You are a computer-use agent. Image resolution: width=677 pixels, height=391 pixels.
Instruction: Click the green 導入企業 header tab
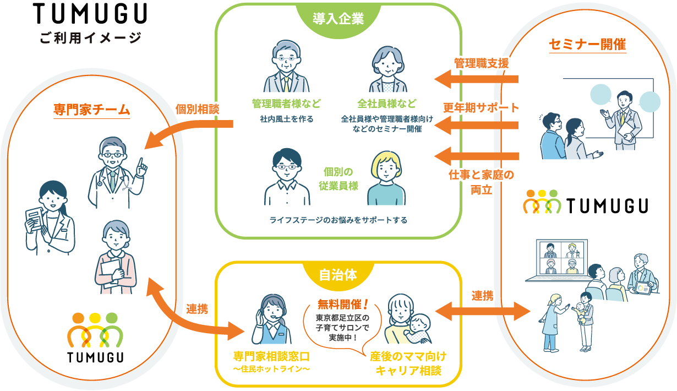(x=338, y=18)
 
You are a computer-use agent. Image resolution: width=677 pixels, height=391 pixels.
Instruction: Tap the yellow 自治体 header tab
(x=338, y=275)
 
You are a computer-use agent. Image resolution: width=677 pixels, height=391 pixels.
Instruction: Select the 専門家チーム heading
(x=91, y=108)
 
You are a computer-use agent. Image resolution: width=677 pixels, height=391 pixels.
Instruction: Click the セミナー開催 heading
(x=588, y=45)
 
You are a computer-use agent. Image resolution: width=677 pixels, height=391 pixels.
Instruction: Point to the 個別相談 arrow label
(x=197, y=109)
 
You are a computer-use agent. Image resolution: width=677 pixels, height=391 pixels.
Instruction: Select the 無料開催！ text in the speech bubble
(x=342, y=303)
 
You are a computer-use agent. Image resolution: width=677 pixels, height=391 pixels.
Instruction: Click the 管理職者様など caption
(x=286, y=104)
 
